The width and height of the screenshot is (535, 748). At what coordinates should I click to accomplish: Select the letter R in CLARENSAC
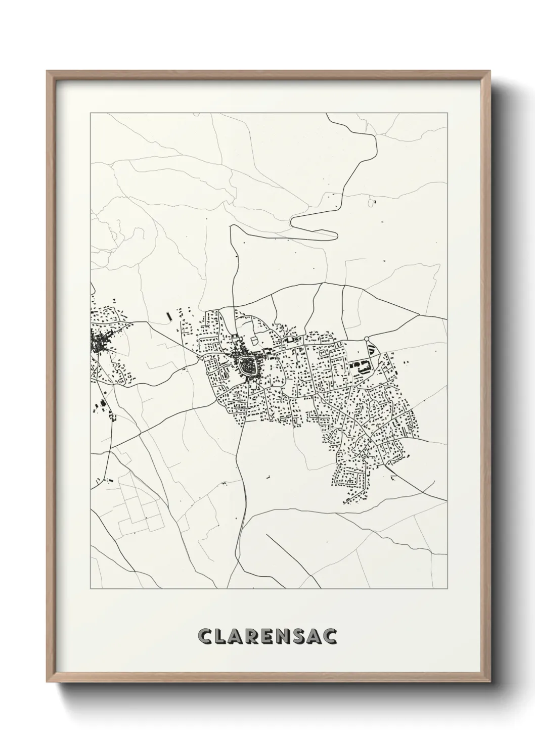pyautogui.click(x=251, y=636)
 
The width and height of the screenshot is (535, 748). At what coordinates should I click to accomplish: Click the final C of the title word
pyautogui.click(x=330, y=636)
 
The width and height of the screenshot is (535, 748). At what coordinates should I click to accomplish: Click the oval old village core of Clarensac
pyautogui.click(x=248, y=363)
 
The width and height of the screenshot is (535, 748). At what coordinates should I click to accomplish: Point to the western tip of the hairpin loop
pyautogui.click(x=292, y=221)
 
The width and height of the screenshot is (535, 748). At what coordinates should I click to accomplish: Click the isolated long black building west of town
pyautogui.click(x=169, y=316)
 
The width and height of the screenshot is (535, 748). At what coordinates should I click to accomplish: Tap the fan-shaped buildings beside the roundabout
pyautogui.click(x=372, y=348)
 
